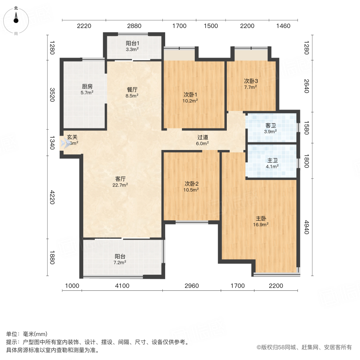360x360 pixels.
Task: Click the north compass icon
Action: pos(16,20)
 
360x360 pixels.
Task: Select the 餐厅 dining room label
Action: pos(132,92)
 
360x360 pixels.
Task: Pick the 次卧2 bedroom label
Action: pos(192,186)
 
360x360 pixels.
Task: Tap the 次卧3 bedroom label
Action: pos(251,83)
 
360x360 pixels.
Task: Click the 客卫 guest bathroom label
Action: pos(271,129)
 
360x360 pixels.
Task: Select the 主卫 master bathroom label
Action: pos(272,164)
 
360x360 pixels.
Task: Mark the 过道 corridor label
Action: pos(202,140)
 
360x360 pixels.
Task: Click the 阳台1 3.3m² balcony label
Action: pos(132,46)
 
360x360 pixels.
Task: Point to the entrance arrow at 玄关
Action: pos(65,143)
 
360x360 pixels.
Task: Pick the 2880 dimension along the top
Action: pos(134,26)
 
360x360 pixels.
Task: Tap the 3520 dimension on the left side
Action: pos(51,95)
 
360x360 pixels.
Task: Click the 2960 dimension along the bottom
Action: pos(192,286)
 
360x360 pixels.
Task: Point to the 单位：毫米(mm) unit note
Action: pos(26,334)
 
